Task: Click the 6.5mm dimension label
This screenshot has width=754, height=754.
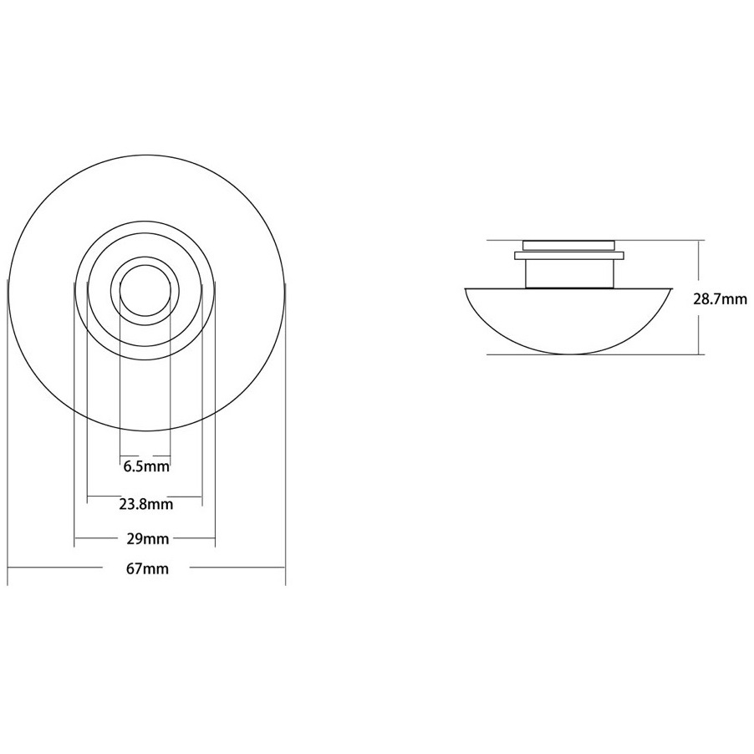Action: (x=146, y=466)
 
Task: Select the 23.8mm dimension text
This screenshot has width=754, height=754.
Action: (x=145, y=504)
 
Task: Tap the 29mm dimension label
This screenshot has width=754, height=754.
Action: (x=148, y=538)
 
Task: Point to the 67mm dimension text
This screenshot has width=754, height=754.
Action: (x=148, y=569)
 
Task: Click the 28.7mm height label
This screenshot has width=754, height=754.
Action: (x=720, y=299)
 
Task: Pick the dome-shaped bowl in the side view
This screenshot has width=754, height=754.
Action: (x=568, y=321)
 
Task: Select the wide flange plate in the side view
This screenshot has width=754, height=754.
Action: (x=569, y=255)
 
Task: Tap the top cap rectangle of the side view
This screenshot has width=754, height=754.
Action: (x=569, y=245)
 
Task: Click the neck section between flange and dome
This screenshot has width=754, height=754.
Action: (x=569, y=273)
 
